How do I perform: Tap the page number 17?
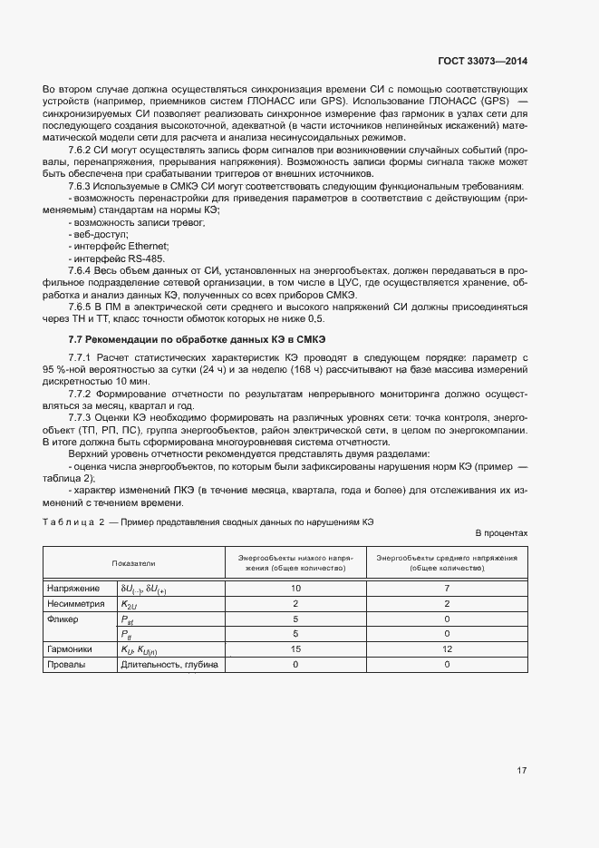pyautogui.click(x=521, y=771)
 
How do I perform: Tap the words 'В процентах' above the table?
pyautogui.click(x=501, y=533)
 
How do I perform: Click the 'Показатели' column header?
pyautogui.click(x=134, y=563)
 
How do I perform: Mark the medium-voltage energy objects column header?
pyautogui.click(x=448, y=563)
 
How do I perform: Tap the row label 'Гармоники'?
pyautogui.click(x=71, y=649)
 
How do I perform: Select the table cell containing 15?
pyautogui.click(x=295, y=649)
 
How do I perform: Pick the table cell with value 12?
pyautogui.click(x=448, y=649)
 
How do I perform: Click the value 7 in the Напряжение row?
pyautogui.click(x=448, y=589)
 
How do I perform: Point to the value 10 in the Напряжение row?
pyautogui.click(x=295, y=589)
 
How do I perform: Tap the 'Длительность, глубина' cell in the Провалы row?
pyautogui.click(x=169, y=665)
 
